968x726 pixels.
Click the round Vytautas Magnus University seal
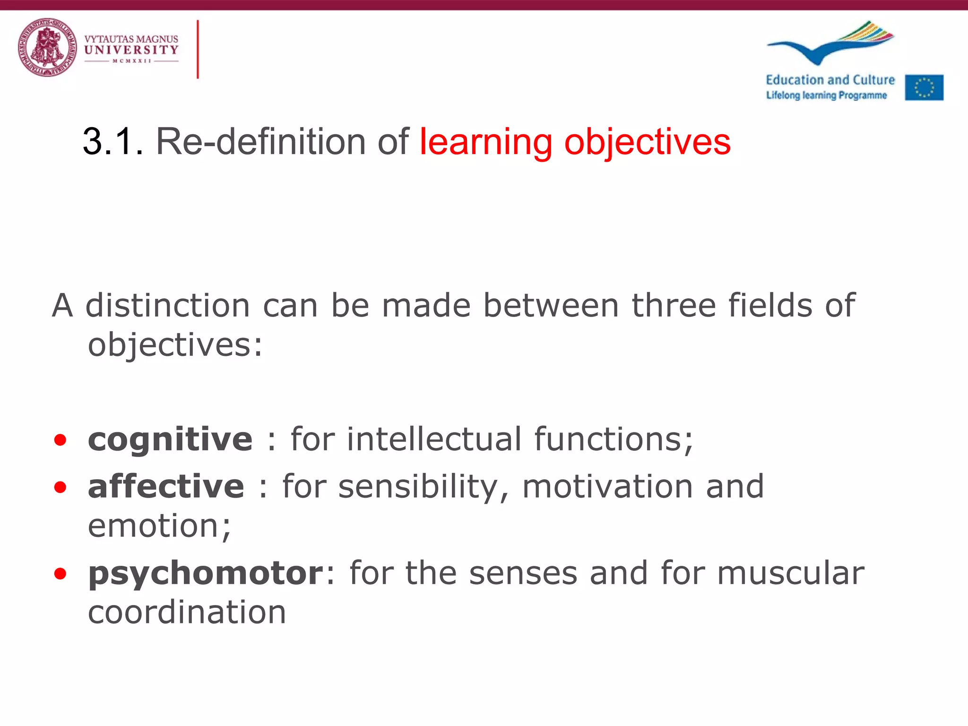47,48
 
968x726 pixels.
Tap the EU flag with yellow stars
924,87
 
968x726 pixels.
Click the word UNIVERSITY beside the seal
131,50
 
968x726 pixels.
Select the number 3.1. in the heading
112,142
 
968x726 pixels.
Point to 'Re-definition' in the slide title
260,142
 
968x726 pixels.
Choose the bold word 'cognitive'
170,440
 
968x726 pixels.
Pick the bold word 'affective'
166,486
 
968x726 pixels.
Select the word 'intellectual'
434,439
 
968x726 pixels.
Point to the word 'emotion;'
159,526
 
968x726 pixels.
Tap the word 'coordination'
187,613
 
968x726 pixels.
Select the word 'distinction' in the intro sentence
167,305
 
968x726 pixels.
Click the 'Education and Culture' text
830,80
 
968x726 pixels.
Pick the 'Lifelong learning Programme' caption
826,95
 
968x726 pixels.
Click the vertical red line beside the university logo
198,49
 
